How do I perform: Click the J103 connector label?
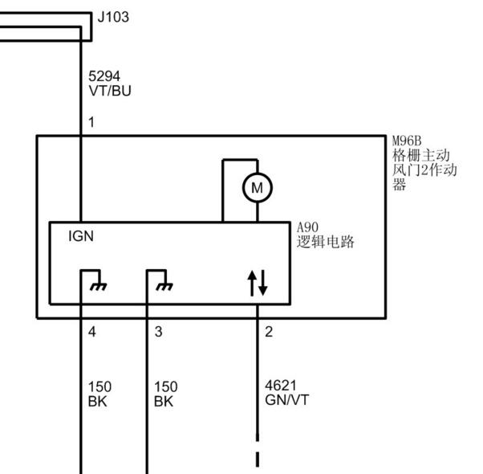pos(113,17)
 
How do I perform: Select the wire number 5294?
pos(104,76)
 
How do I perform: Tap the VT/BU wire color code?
pos(110,91)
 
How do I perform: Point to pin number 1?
pos(91,122)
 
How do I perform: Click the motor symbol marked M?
pos(258,187)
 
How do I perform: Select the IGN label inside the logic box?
pos(81,236)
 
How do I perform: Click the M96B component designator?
pos(407,141)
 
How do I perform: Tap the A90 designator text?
pos(307,227)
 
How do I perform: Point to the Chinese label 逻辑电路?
pos(325,242)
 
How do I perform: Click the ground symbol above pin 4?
pos(98,287)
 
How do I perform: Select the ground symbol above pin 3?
pos(164,287)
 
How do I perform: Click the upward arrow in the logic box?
pos(252,284)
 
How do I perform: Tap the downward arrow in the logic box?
pos(262,283)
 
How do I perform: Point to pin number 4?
pos(91,332)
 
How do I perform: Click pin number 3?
pos(158,332)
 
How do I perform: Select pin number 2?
pos(269,332)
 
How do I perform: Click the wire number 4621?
pos(281,386)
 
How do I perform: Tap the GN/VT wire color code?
pos(286,400)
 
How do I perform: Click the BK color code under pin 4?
pos(97,402)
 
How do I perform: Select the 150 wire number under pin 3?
pos(166,387)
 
